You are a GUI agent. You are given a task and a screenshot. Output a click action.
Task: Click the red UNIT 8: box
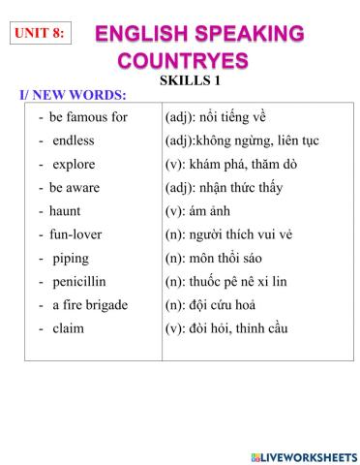41,33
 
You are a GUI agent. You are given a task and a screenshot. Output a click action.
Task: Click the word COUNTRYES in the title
183,61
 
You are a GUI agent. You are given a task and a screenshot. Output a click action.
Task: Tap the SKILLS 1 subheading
190,80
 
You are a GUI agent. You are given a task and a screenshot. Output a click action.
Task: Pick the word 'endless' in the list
73,140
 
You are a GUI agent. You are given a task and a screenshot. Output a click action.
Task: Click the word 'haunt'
65,210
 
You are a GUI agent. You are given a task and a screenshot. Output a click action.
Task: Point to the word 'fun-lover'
75,234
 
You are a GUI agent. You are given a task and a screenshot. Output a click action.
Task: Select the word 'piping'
71,258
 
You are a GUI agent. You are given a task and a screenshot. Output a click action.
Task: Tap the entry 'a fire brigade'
89,305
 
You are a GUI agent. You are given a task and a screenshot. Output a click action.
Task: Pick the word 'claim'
68,328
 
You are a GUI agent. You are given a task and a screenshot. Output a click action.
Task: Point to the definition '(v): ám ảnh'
198,210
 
